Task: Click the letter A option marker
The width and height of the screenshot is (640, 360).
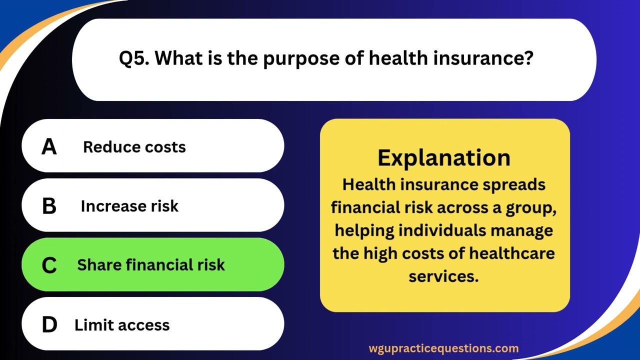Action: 49,146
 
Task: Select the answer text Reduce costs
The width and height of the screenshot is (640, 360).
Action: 134,147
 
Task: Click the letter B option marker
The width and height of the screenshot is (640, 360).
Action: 49,206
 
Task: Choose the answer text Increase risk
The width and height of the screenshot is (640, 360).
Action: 129,206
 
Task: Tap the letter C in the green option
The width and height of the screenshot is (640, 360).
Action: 49,265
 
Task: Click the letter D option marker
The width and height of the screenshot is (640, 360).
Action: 49,325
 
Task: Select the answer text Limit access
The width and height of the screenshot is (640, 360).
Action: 122,325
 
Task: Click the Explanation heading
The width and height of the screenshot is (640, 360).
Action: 444,157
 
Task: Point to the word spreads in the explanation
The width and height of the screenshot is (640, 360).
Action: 514,184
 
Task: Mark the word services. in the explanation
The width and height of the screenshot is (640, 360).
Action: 444,276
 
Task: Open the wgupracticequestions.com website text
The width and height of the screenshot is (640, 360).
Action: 443,348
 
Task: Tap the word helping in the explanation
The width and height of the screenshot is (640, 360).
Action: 360,230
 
